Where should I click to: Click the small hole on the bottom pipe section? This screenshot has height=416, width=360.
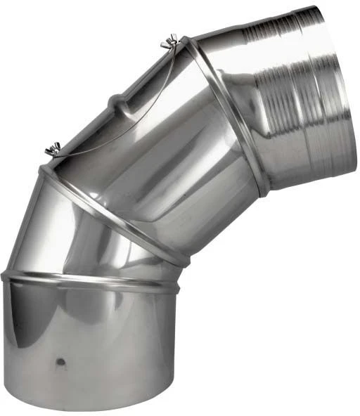[61, 362]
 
